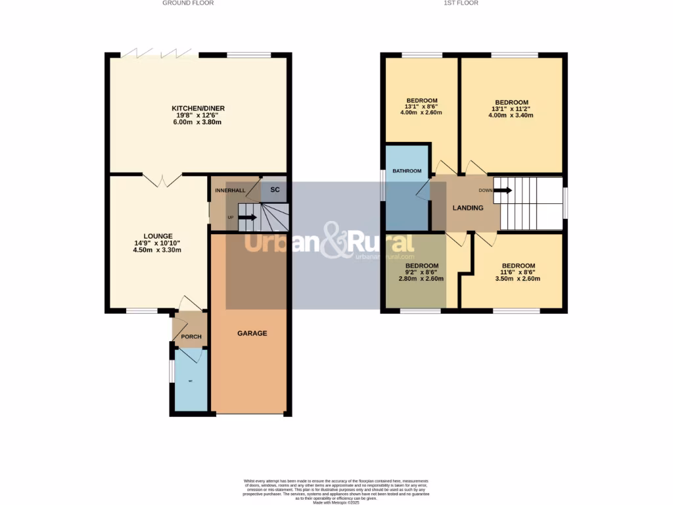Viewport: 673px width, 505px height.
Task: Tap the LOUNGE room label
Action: coord(158,236)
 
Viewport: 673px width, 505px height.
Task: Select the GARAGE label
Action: coord(252,333)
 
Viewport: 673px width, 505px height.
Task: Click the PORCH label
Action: coord(191,337)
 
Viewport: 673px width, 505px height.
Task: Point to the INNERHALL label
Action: coord(230,191)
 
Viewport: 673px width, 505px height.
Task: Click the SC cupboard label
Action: coord(275,190)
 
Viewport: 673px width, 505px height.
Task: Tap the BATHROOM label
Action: coord(407,171)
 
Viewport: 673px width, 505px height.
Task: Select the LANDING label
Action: coord(468,208)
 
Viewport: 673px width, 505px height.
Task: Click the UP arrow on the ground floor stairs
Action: coord(247,217)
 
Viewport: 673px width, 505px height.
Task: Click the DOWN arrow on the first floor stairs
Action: coord(503,191)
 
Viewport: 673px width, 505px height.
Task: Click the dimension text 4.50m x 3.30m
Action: coord(158,251)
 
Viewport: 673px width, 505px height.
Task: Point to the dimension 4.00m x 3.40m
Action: coord(512,116)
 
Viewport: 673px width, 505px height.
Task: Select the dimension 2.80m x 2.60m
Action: coord(421,279)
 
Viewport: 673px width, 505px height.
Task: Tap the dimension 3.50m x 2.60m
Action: coord(519,279)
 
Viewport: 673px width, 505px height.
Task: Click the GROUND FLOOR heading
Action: coord(188,3)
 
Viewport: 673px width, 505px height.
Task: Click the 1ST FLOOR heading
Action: coord(461,3)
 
